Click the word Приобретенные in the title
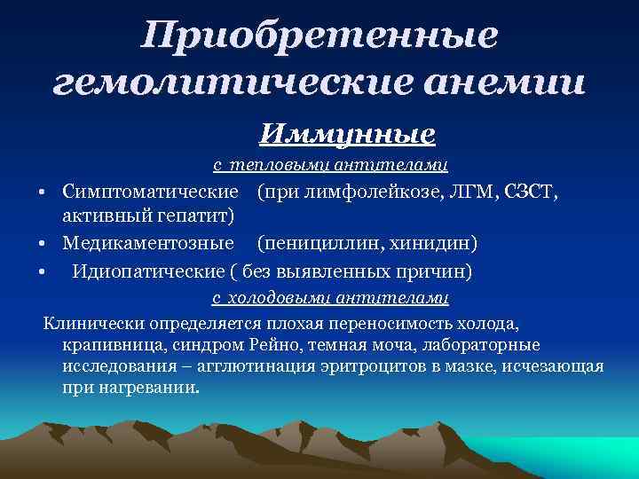(x=320, y=36)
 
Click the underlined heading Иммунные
(x=347, y=134)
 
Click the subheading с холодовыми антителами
(x=330, y=298)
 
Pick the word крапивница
(x=109, y=344)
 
